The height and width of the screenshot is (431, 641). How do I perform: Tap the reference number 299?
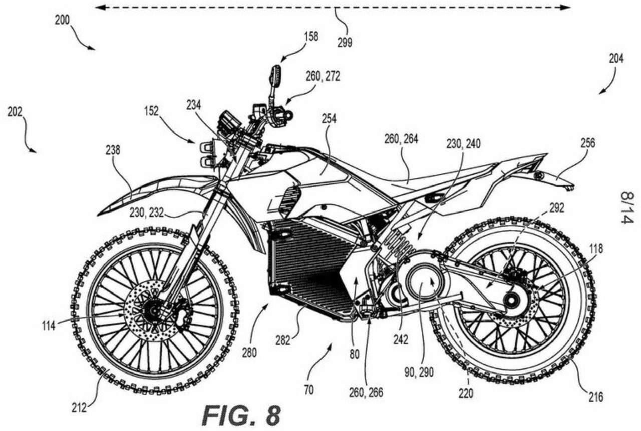(x=344, y=43)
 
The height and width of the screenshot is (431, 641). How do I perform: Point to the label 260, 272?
(x=323, y=76)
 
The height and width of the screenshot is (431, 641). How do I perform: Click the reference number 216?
(x=595, y=397)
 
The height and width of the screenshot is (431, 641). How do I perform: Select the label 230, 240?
(x=463, y=144)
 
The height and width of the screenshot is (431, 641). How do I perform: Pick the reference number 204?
(x=616, y=58)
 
